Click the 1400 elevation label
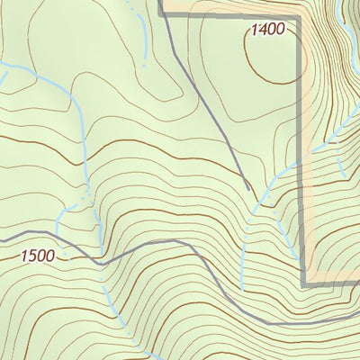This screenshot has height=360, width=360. click(x=267, y=30)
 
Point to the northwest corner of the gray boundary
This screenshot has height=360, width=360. click(x=162, y=13)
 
